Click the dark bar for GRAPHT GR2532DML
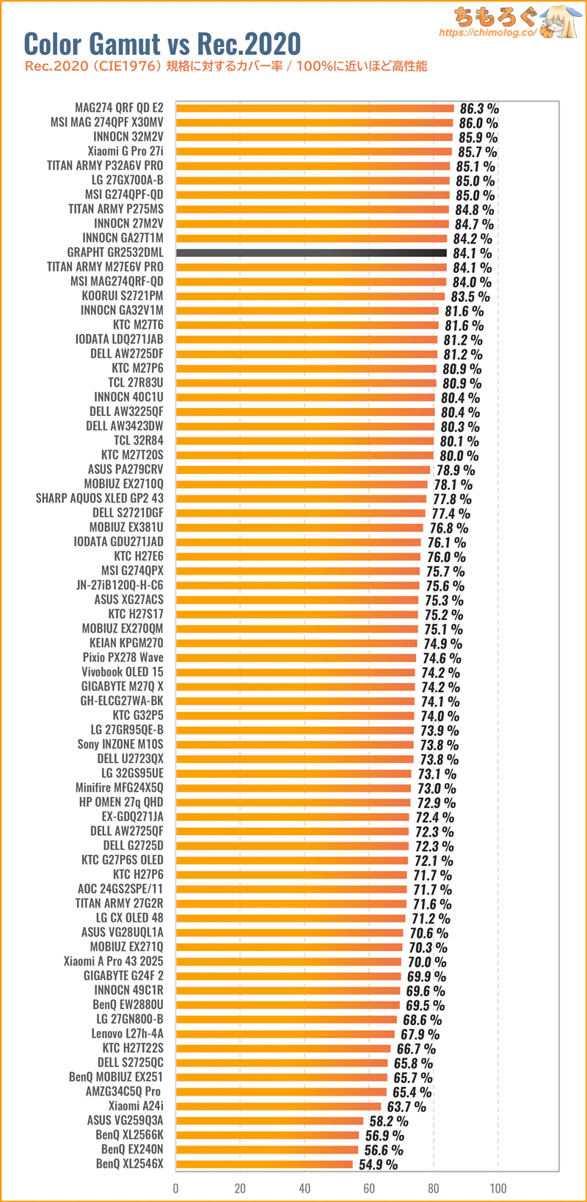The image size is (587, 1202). [x=311, y=252]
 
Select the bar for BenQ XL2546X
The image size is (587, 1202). [x=264, y=1164]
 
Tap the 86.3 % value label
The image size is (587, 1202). [x=479, y=109]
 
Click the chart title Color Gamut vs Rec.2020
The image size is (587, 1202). [x=162, y=44]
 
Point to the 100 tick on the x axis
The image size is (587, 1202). [x=498, y=1188]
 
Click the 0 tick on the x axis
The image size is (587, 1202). [x=176, y=1188]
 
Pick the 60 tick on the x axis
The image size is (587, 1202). [x=369, y=1188]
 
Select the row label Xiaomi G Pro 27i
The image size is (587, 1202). [x=125, y=151]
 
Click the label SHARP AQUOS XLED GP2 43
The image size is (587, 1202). [x=100, y=498]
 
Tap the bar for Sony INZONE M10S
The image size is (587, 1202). [x=295, y=744]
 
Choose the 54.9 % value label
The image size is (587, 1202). [x=378, y=1165]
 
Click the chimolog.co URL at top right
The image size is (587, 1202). [x=487, y=33]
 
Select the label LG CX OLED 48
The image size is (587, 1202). [x=130, y=918]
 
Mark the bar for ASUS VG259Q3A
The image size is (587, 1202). [x=270, y=1121]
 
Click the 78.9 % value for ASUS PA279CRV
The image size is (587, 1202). [x=456, y=470]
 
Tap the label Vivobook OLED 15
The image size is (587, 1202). [x=123, y=671]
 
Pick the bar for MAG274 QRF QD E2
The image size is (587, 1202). [x=315, y=108]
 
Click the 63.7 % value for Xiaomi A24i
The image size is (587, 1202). [x=406, y=1107]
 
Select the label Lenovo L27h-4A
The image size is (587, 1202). [x=128, y=1034]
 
